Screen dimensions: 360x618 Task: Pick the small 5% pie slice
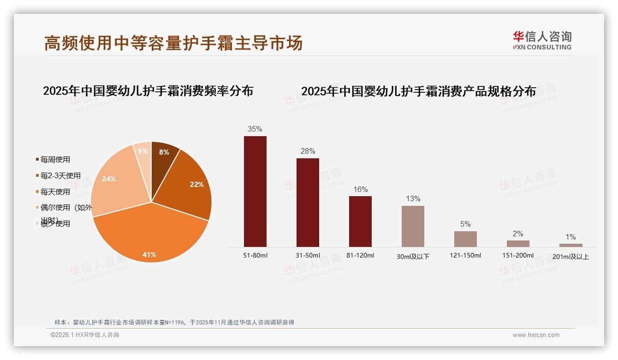click(x=143, y=151)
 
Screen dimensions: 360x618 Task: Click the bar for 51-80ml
click(x=255, y=191)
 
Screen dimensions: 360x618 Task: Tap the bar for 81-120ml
click(x=360, y=221)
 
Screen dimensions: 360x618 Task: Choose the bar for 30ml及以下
click(x=413, y=226)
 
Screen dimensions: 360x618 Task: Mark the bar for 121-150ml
click(x=465, y=239)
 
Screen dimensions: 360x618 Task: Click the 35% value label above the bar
click(x=255, y=129)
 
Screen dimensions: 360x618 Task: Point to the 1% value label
click(x=570, y=237)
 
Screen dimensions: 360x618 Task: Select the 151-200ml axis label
click(x=518, y=255)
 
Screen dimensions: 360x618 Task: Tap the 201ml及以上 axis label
click(x=570, y=257)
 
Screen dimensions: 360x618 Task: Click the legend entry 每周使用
click(x=55, y=160)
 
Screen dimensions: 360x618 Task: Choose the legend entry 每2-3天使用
click(x=60, y=176)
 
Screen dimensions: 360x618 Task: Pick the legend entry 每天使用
click(x=55, y=192)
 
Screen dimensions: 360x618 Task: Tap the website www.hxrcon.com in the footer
click(x=536, y=335)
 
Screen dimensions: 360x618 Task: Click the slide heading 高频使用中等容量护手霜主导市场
click(x=173, y=43)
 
